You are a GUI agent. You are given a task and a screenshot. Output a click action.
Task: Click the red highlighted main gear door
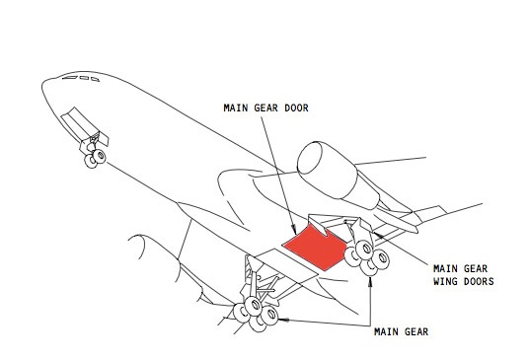click(x=316, y=248)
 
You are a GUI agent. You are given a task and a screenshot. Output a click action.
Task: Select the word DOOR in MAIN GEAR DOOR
click(x=296, y=108)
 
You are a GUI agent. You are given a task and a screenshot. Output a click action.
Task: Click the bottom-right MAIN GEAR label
click(x=401, y=331)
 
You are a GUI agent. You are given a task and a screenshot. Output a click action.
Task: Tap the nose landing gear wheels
click(x=95, y=159)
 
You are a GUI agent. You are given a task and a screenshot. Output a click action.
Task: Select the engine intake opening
click(x=309, y=158)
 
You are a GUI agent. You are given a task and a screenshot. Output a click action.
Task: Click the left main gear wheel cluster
click(x=256, y=315)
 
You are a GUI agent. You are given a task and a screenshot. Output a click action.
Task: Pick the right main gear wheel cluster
click(x=367, y=257)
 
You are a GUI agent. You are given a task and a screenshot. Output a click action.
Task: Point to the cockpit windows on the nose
click(x=81, y=79)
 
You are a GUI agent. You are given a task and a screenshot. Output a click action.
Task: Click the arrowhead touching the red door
click(x=294, y=230)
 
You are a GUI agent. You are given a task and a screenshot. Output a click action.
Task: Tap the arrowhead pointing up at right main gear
click(x=370, y=282)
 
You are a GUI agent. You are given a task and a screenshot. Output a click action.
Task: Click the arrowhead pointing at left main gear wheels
click(x=283, y=320)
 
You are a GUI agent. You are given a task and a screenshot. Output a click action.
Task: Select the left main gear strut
click(x=254, y=280)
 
